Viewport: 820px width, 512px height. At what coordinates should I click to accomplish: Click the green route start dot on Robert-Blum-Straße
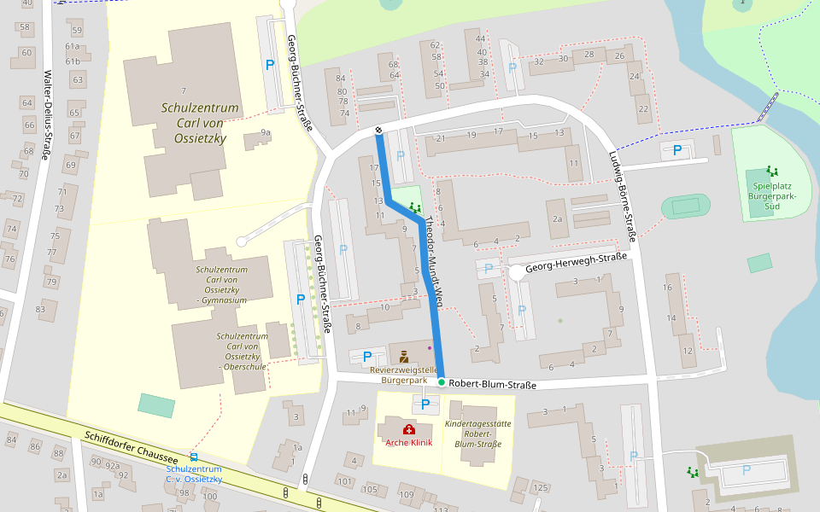click(x=441, y=383)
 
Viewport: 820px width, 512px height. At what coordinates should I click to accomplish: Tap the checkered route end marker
click(x=378, y=130)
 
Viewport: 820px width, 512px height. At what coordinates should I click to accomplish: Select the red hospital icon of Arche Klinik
click(x=408, y=429)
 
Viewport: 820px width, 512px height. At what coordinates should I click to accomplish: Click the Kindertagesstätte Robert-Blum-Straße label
click(x=477, y=433)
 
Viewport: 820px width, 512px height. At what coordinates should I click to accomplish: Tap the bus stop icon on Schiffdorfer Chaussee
click(x=194, y=457)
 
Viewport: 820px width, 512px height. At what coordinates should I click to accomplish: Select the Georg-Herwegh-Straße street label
click(x=577, y=263)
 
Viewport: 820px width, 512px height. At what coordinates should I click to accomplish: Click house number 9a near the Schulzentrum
click(x=266, y=132)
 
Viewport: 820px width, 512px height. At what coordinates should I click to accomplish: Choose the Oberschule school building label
click(x=242, y=351)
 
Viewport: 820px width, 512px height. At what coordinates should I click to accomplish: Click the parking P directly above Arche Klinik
click(x=425, y=404)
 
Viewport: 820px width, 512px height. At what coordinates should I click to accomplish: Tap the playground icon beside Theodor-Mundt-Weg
click(x=415, y=207)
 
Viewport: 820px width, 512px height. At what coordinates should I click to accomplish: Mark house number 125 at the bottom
click(x=540, y=487)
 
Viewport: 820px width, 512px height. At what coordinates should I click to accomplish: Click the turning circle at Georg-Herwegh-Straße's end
click(x=517, y=272)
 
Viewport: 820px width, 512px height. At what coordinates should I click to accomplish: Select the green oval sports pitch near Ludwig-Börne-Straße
click(x=686, y=206)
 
